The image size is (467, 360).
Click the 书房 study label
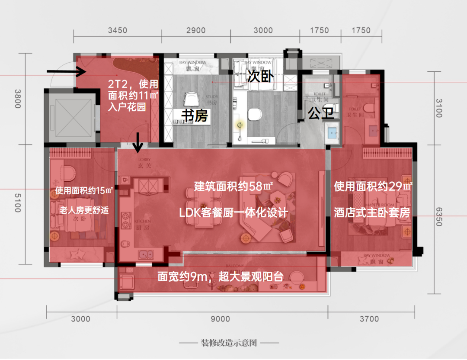point(194,116)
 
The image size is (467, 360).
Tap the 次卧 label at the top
point(260,77)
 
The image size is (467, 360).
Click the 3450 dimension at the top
point(117,30)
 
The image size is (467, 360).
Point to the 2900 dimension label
point(195,30)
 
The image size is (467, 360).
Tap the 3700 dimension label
point(369,319)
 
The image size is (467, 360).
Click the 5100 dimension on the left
point(18,202)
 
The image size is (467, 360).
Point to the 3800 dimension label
point(18,99)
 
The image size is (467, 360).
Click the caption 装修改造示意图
point(229,343)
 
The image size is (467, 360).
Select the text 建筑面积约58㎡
point(233,187)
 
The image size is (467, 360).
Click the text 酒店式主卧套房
point(372,212)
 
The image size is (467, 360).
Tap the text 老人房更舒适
point(84,211)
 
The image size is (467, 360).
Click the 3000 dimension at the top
point(263,30)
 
